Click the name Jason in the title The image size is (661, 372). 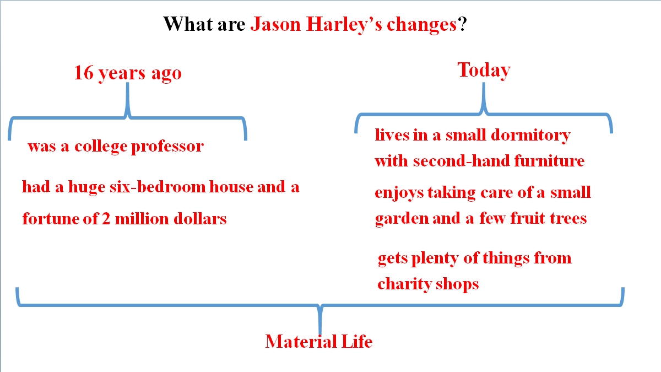(275, 25)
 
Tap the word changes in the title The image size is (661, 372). (422, 25)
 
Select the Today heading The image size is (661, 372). (484, 71)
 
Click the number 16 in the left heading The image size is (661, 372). (84, 73)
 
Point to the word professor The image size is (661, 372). (167, 147)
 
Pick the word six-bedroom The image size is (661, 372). (158, 187)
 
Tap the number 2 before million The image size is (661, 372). (106, 219)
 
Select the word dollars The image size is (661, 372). (200, 219)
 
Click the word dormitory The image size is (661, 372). (530, 136)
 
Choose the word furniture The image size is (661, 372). (549, 161)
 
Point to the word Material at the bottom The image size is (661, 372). (301, 342)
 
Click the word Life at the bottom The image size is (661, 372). (357, 342)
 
